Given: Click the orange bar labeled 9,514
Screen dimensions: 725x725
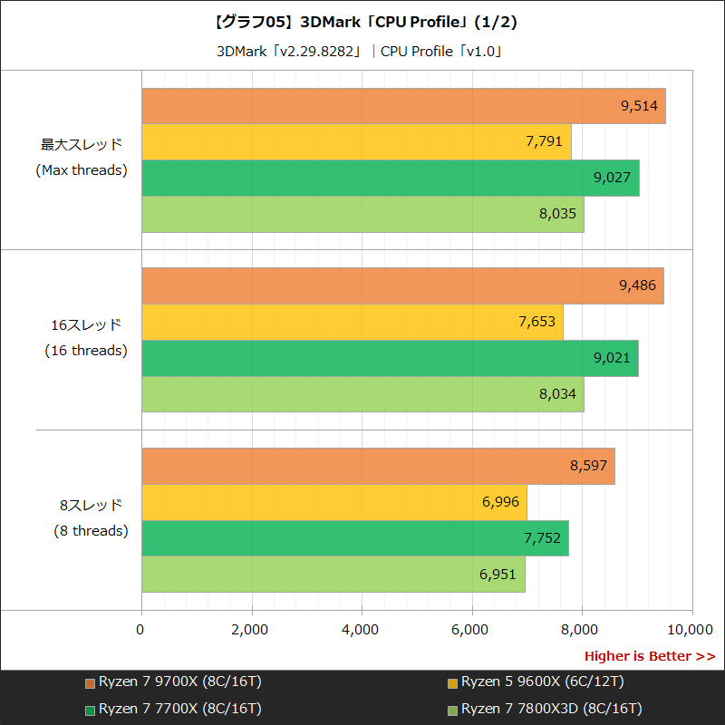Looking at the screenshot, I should tap(403, 106).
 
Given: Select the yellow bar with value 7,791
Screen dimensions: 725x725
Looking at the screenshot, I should tap(356, 142).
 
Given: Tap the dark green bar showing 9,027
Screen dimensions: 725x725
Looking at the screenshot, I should tap(391, 178).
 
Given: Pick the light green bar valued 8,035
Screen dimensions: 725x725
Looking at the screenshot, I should tap(362, 214).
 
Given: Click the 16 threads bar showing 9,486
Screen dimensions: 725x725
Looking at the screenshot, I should tap(402, 286).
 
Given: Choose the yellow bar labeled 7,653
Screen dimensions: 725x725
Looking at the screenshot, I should tap(353, 322).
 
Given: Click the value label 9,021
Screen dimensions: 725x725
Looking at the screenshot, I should tap(612, 358).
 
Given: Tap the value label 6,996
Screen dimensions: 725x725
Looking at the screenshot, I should tap(500, 502).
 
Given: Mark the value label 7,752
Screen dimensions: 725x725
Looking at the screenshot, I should tap(542, 538).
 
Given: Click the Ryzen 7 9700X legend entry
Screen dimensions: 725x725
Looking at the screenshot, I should tap(172, 682).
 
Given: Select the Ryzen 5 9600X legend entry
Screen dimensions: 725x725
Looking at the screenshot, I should tap(535, 682).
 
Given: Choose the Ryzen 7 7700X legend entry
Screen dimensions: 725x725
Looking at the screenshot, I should tap(172, 709).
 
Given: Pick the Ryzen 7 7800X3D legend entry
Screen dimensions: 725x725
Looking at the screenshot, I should tap(544, 709).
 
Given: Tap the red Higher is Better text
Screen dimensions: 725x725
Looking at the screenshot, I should tap(649, 656).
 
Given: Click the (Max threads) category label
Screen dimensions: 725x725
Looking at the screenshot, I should tap(82, 170).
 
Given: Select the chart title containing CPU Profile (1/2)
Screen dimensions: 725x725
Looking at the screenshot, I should tap(362, 22).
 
